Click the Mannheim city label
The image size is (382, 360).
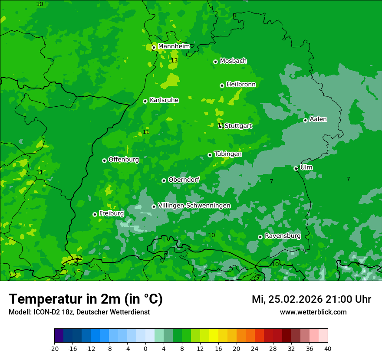point(174,46)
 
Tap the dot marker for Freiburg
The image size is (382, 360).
point(95,214)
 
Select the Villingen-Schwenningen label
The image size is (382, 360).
point(194,206)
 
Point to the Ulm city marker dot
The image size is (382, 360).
point(296,168)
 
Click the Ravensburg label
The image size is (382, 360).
point(283,236)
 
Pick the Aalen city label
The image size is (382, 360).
point(318,119)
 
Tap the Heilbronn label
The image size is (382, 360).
point(241,85)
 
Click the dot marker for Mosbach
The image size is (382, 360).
point(215,62)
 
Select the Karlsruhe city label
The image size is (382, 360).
point(164,100)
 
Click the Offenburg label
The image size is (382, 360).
point(124,160)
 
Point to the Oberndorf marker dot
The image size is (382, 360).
point(164,180)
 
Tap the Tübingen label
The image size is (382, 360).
point(228,154)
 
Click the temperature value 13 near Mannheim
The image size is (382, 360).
point(174,61)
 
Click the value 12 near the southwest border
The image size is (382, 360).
point(79,258)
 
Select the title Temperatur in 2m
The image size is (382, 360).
point(86,299)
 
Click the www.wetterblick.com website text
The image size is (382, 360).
point(313,312)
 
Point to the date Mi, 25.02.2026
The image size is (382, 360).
point(286,299)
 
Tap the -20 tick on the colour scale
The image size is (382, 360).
point(54,349)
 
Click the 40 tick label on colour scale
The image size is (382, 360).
point(327,349)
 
